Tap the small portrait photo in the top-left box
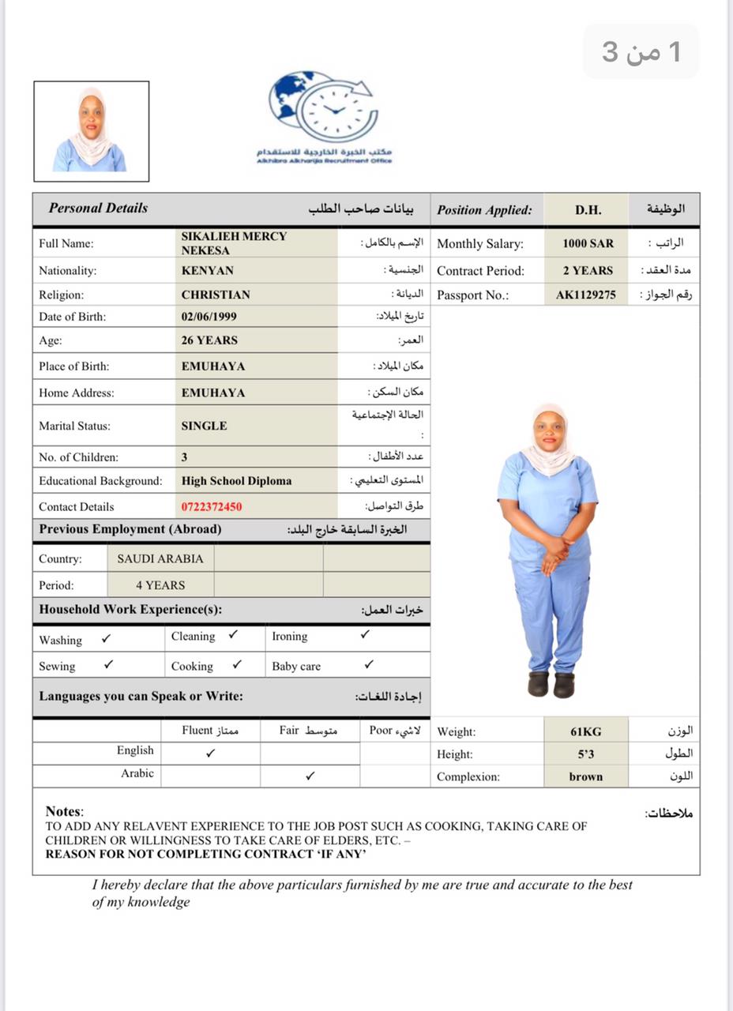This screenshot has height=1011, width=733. pos(91,130)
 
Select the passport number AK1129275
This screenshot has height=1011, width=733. pos(585,295)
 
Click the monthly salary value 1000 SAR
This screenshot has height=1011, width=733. pos(588,243)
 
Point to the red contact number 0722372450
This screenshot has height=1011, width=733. pos(212,507)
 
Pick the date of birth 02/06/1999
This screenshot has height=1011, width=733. pos(209,317)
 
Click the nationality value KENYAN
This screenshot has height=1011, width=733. pos(208,270)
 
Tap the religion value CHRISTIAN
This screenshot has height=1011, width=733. pos(216,295)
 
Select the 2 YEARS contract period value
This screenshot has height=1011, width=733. pos(588,270)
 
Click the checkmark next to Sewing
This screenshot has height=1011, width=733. pos(108,665)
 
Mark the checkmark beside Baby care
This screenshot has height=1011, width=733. pos(369,665)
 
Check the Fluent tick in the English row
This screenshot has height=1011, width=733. pos(210,754)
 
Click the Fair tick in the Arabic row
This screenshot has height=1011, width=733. pos(310,776)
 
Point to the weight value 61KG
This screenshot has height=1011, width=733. pos(586,732)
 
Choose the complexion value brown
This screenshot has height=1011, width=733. pos(586,776)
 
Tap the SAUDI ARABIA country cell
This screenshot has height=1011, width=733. pos(160,558)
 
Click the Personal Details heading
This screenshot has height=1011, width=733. pos(98,209)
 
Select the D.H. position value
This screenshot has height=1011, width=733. pos(588,210)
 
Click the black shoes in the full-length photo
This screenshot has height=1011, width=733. pos(551,683)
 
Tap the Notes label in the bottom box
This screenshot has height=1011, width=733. pos(63,811)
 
